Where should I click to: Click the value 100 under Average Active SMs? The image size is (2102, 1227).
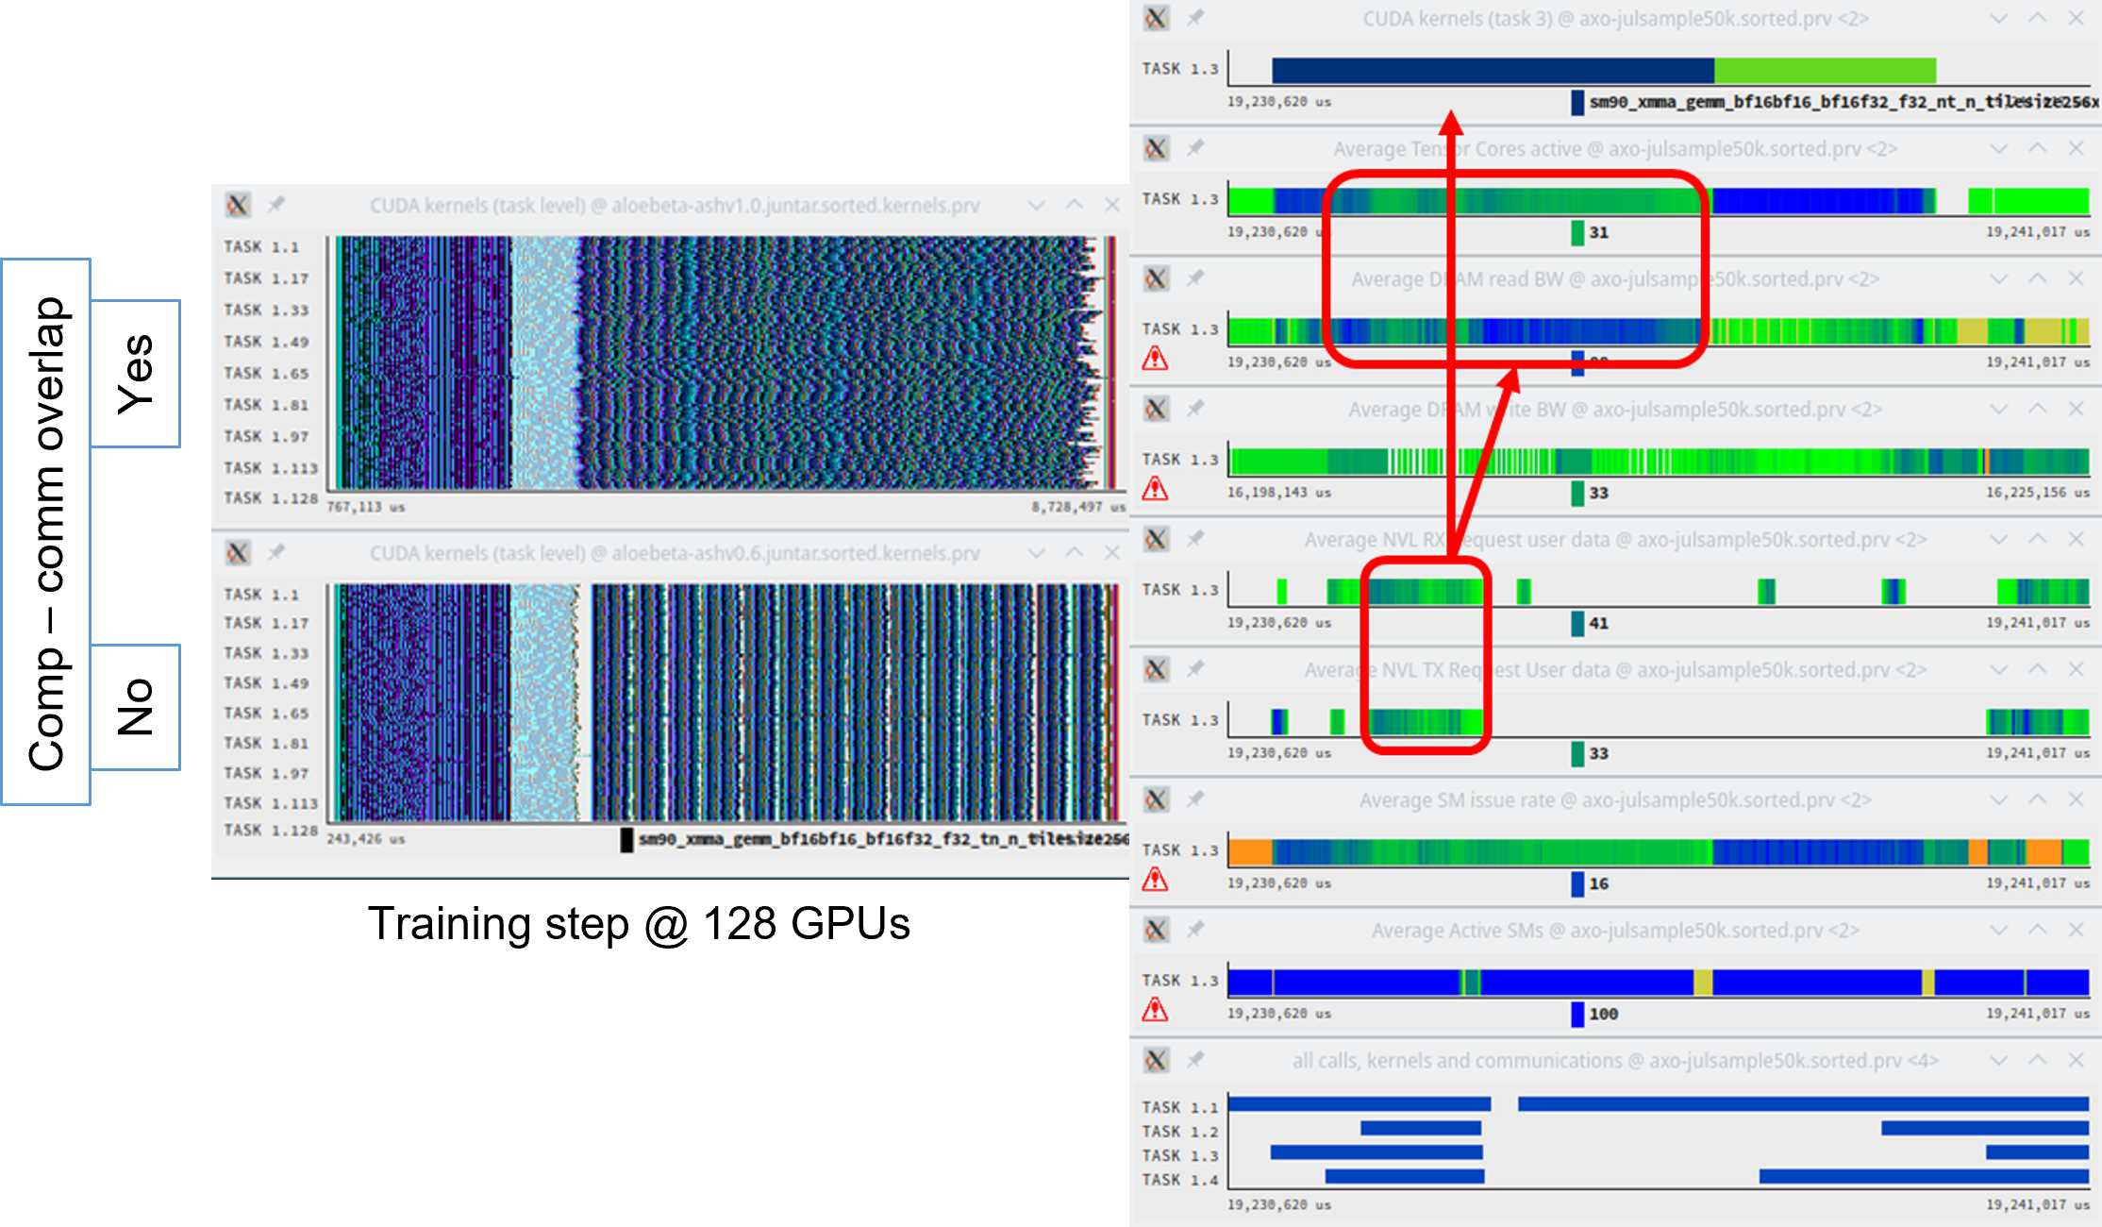[x=1603, y=1014]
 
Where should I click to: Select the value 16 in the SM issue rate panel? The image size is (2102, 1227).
[x=1598, y=883]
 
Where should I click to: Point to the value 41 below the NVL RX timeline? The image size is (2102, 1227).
[x=1598, y=623]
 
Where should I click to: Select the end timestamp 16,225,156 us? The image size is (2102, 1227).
[x=2037, y=493]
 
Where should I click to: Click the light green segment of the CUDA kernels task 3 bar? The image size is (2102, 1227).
[x=1825, y=71]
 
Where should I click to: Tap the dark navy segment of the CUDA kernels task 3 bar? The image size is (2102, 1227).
[x=1491, y=71]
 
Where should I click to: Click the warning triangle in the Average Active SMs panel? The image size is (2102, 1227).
[x=1155, y=1010]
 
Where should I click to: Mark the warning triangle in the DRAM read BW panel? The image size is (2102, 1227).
[x=1155, y=359]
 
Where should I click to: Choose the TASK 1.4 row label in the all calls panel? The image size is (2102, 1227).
[x=1179, y=1180]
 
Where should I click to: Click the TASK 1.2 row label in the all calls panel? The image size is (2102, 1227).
[x=1179, y=1132]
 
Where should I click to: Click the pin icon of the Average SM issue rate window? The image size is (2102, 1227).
[x=1195, y=799]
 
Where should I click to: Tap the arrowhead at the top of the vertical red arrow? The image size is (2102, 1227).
[x=1451, y=123]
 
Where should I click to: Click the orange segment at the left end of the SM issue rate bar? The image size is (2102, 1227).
[x=1250, y=851]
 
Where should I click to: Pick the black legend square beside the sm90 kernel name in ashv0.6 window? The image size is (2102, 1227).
[x=626, y=839]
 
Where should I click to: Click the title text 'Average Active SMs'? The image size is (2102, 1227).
[x=1457, y=931]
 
